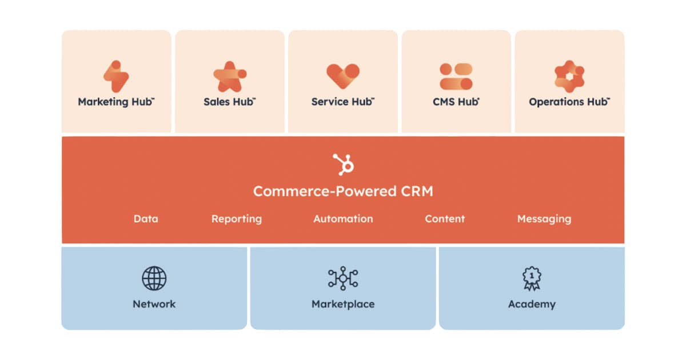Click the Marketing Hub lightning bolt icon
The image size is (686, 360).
click(116, 76)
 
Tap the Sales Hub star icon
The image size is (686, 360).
click(229, 76)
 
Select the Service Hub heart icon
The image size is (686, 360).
click(343, 76)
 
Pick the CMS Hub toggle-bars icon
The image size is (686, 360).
click(456, 76)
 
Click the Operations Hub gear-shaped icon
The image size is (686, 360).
click(569, 76)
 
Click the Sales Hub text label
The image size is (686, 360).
click(229, 102)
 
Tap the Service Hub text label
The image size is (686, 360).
click(342, 102)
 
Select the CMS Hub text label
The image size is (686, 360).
click(456, 102)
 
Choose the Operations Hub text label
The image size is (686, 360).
click(569, 102)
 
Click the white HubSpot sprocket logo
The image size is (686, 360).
click(344, 165)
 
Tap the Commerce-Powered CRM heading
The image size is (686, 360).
click(343, 191)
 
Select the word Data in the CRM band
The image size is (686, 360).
click(146, 219)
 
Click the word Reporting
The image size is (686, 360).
click(236, 219)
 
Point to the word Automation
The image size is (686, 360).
click(343, 219)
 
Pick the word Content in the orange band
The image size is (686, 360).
click(445, 219)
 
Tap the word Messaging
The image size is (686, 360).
click(544, 219)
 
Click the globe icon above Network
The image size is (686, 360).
click(154, 278)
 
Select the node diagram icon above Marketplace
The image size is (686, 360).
click(343, 278)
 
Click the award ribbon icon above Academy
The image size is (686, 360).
click(532, 278)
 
